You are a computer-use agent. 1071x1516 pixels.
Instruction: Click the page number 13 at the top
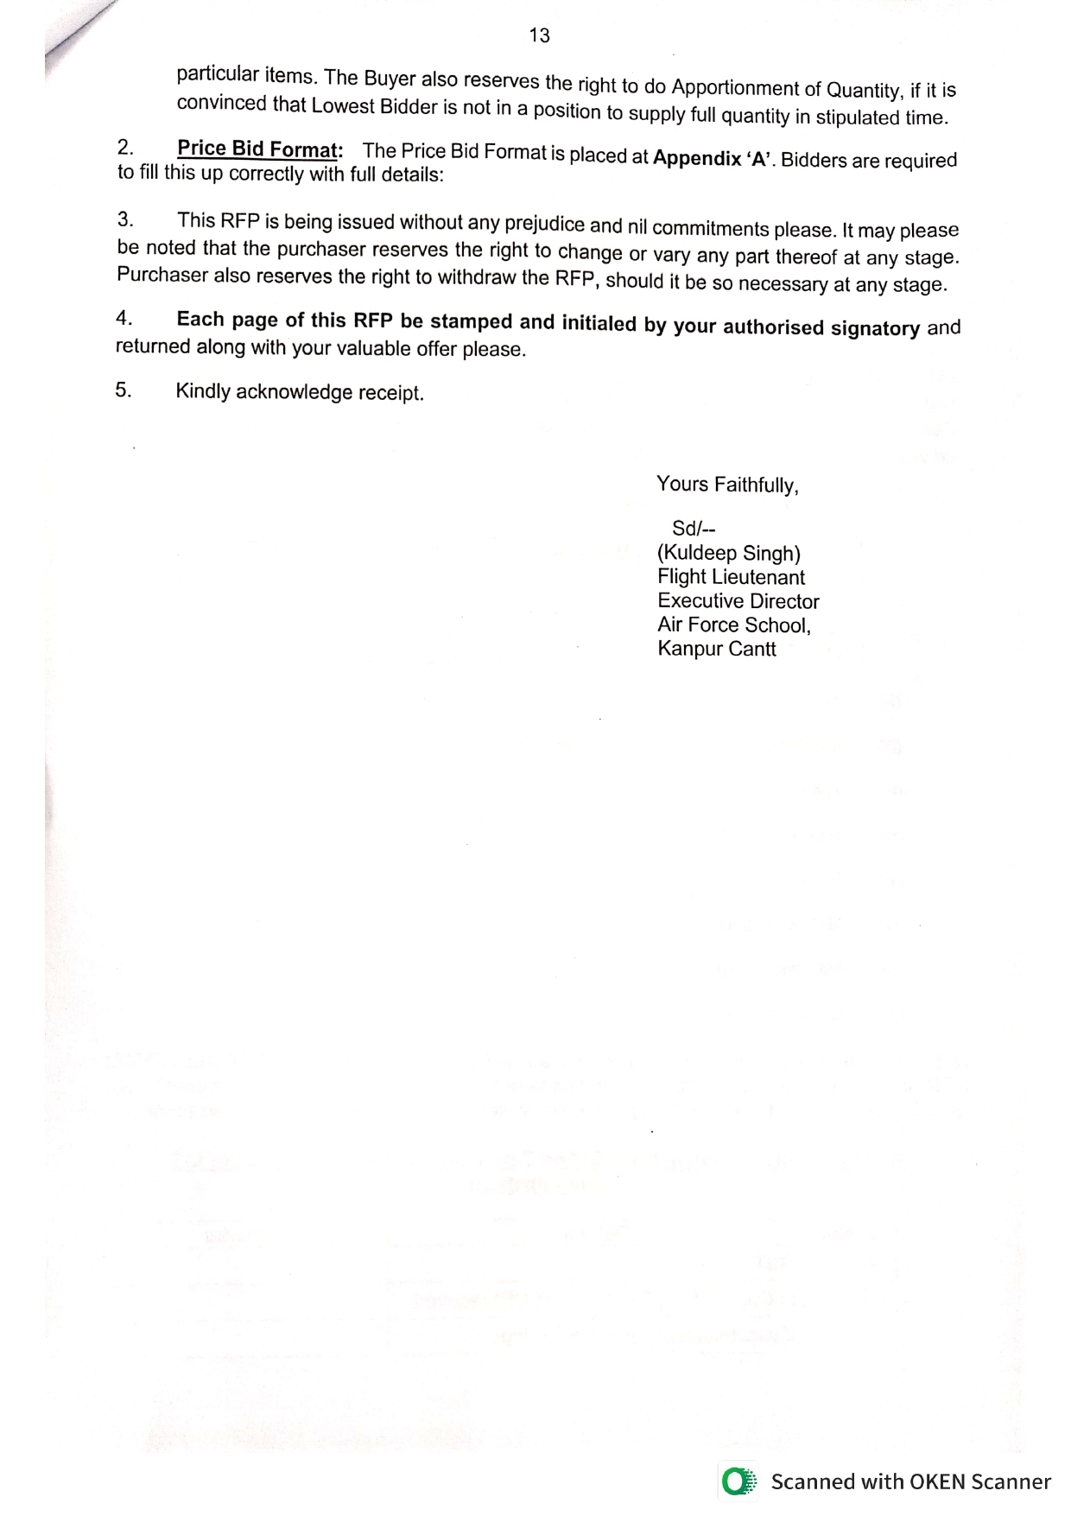pos(539,35)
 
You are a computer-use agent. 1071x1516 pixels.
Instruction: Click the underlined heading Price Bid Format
pos(257,149)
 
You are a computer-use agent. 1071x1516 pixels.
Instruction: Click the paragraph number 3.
pos(125,219)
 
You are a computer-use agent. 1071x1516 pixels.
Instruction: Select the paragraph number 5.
pos(124,390)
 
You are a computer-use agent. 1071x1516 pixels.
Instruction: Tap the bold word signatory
pos(875,328)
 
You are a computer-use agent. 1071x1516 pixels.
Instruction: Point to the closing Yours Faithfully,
pos(727,485)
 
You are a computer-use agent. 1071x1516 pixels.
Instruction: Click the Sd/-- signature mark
pos(694,529)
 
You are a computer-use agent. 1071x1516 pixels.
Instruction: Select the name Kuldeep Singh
pos(729,553)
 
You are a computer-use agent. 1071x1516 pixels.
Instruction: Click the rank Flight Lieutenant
pos(731,577)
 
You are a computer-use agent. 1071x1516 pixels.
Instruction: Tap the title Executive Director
pos(738,601)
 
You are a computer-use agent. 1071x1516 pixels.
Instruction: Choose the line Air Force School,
pos(734,625)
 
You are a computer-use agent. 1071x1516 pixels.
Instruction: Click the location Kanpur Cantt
pos(717,649)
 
